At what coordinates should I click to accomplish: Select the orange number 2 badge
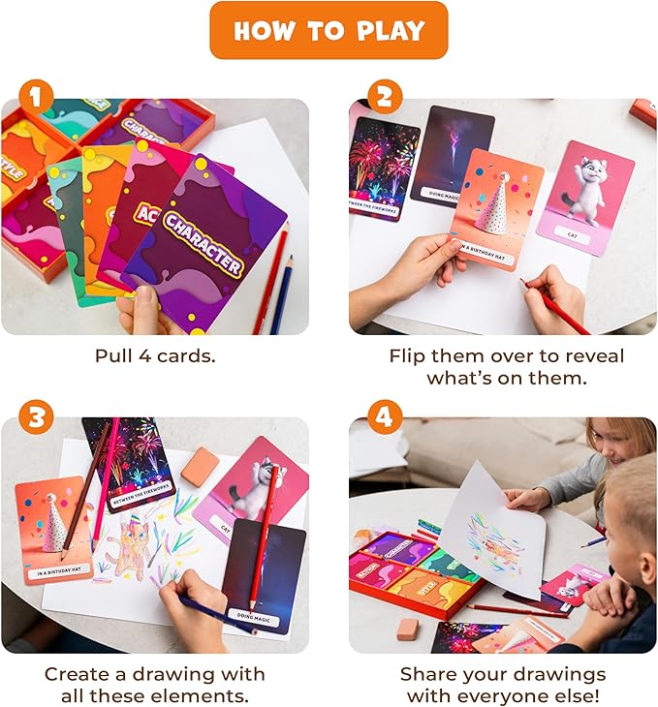pyautogui.click(x=384, y=98)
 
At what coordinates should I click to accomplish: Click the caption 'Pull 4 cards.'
pyautogui.click(x=155, y=355)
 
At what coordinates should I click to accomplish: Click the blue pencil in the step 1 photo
pyautogui.click(x=283, y=281)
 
